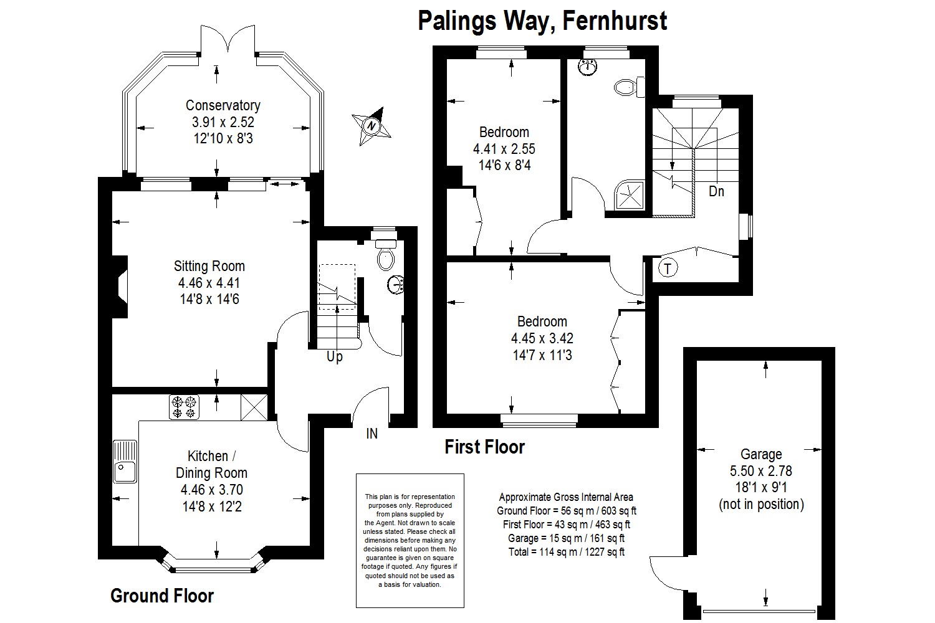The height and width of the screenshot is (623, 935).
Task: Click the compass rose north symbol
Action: click(x=372, y=126)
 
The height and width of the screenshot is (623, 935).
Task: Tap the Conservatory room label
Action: click(x=223, y=105)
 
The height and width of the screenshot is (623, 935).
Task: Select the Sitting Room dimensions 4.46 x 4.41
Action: click(x=209, y=283)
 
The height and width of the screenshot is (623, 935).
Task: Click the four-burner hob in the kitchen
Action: click(x=184, y=407)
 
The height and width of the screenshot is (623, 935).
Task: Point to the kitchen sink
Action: click(x=125, y=461)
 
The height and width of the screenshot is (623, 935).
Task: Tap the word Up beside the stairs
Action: click(x=334, y=357)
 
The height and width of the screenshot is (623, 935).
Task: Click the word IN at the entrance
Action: click(x=372, y=434)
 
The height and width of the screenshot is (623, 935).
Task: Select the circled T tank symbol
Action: click(x=668, y=268)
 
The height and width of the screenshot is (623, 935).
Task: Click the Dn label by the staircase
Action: click(x=716, y=191)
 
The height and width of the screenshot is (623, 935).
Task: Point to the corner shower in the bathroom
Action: click(x=630, y=194)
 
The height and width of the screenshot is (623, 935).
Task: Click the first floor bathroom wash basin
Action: click(x=588, y=67)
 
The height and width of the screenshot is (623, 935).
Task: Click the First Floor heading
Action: click(x=484, y=447)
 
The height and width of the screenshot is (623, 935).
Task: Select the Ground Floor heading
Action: click(x=162, y=596)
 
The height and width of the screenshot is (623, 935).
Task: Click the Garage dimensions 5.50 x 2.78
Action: click(x=761, y=471)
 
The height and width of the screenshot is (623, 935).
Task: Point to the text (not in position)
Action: click(x=761, y=505)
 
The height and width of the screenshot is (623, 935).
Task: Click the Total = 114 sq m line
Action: click(x=567, y=552)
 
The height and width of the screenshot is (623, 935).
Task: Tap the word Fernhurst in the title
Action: click(x=615, y=21)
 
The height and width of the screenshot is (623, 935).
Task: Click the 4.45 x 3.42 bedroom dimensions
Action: click(x=542, y=338)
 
